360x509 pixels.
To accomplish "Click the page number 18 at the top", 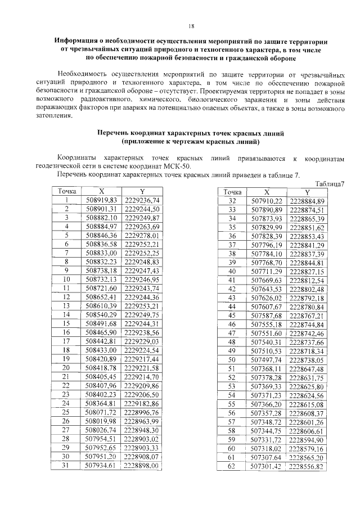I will point(191,26).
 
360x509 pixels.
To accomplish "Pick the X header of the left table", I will point(102,191).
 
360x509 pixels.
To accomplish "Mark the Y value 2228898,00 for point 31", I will point(142,466).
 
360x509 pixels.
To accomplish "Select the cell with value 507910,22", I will point(267,201).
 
